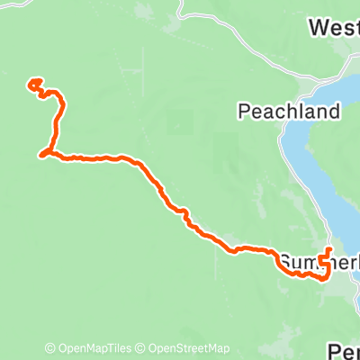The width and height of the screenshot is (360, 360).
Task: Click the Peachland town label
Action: coord(289,112)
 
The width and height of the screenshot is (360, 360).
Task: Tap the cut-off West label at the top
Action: coord(333,28)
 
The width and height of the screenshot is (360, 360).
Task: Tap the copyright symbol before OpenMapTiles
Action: coord(50,349)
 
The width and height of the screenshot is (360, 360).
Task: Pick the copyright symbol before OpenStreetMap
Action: coord(142,349)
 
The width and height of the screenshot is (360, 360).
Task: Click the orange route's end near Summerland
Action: coord(329,248)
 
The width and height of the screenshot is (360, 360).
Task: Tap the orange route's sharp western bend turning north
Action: coord(42,156)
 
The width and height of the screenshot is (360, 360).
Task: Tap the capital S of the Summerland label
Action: coord(285,262)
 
